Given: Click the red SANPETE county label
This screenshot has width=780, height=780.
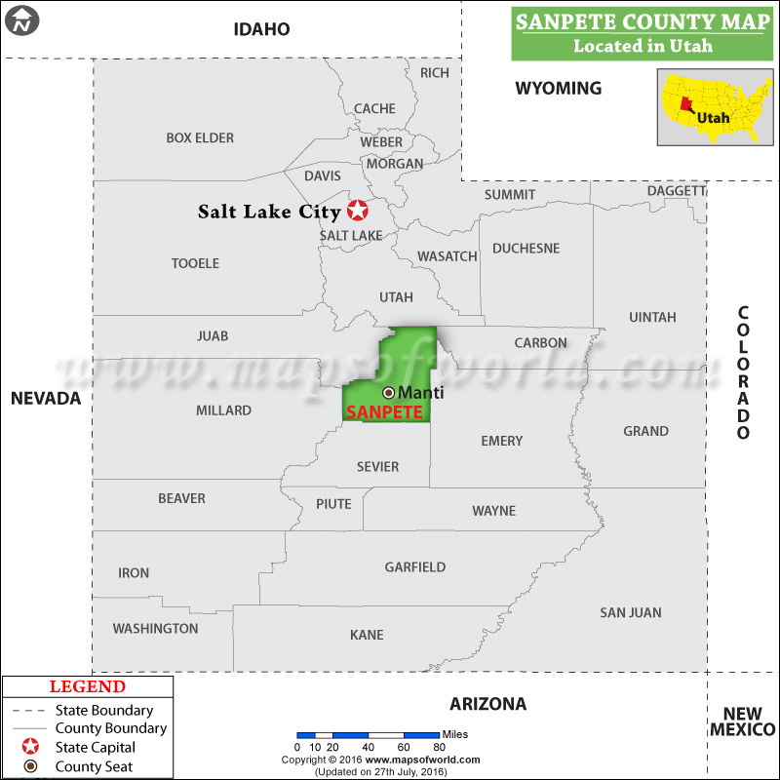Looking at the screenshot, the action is pos(384,412).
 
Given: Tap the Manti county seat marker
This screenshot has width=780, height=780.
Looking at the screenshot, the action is pos(388,392).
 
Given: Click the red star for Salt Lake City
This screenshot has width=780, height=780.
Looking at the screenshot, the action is pos(358,210).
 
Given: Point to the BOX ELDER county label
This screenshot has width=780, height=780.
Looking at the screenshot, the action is pos(200,138).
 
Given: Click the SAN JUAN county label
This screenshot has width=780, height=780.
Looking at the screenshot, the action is pos(630,612).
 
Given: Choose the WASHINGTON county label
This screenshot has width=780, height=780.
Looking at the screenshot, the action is pos(155,629).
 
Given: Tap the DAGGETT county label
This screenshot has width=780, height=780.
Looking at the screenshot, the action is pos(676,191).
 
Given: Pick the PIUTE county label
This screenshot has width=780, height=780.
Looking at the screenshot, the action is pos(333,504).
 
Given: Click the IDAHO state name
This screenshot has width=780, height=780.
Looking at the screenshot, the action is pos(261,29).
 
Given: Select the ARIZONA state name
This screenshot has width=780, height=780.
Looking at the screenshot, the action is pos(487,704).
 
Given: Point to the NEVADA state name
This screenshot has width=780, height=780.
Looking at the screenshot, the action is pos(46,398).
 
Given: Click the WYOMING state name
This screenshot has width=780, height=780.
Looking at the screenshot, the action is pos(558,89).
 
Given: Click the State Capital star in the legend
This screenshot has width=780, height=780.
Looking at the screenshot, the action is pos(31,747).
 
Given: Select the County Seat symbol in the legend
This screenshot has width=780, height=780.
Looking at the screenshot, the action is pos(31,766).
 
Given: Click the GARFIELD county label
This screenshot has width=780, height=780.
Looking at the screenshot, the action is pos(414,566).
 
